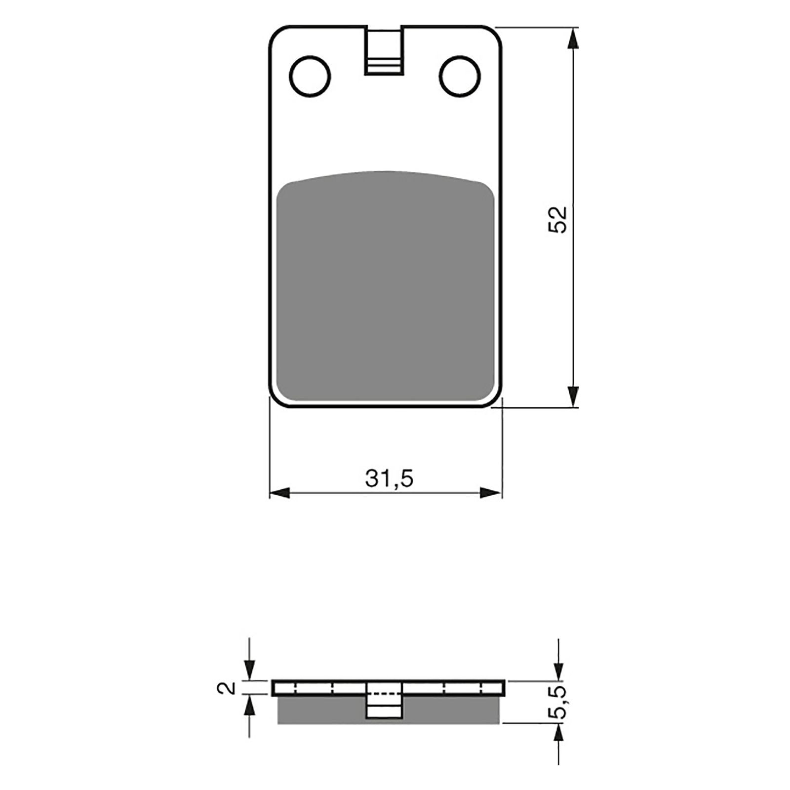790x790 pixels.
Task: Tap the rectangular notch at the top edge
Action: point(384,50)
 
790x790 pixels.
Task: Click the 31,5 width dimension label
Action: point(389,478)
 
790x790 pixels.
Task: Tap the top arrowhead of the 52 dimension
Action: point(573,38)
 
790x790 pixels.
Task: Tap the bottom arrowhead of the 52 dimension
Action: point(573,396)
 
